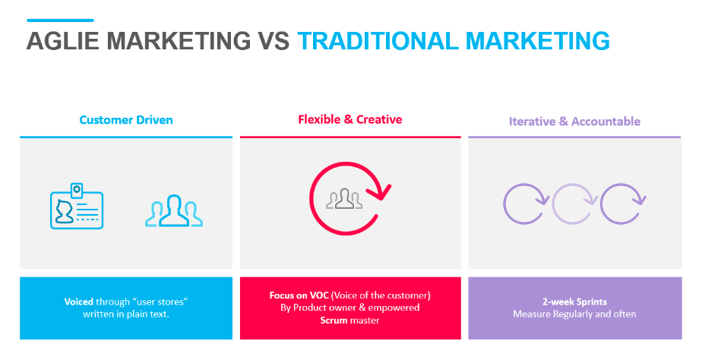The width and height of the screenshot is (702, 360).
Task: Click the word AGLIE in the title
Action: tap(62, 41)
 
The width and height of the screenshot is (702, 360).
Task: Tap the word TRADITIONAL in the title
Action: tap(378, 41)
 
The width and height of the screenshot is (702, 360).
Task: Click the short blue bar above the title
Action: tap(61, 21)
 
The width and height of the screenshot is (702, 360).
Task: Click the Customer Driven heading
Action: tap(126, 120)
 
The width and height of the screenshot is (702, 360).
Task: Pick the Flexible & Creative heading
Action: tap(350, 119)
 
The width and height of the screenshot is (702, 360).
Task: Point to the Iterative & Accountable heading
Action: tap(575, 122)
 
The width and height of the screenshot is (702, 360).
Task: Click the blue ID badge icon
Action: tap(77, 206)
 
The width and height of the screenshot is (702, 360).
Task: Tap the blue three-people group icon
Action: tap(174, 210)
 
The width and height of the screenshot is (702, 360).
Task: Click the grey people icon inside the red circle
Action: tap(344, 199)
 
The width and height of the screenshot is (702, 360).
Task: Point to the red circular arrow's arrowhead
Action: tap(381, 191)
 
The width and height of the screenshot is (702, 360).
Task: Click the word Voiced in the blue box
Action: tap(79, 302)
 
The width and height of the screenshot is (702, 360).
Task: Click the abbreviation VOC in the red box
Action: tap(319, 295)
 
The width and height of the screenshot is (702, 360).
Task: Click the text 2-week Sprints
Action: tap(575, 302)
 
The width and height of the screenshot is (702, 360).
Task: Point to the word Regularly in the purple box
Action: tap(573, 314)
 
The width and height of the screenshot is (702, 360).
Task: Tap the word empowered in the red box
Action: tap(394, 308)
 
